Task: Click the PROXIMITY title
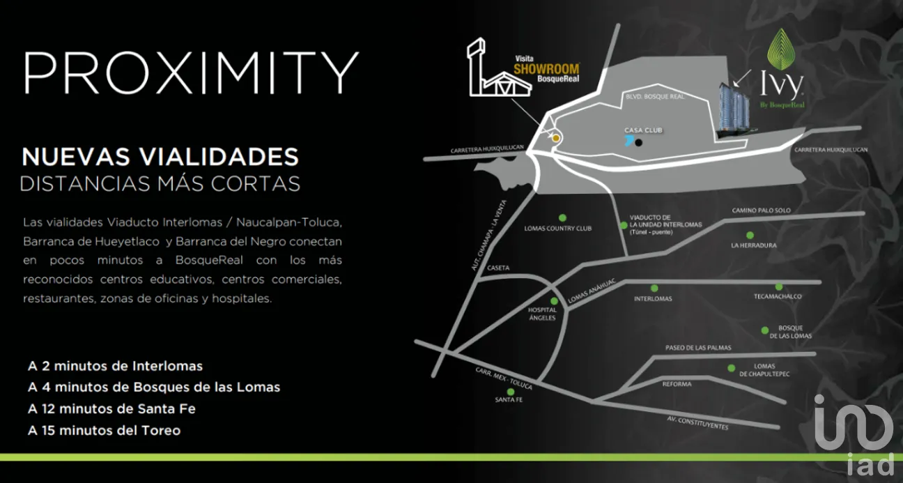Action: [x=191, y=72]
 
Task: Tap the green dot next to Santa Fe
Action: [x=510, y=392]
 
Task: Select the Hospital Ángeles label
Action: [x=542, y=314]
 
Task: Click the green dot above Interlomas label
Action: [x=654, y=289]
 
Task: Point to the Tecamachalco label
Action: [x=778, y=296]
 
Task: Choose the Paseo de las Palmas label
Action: [x=698, y=348]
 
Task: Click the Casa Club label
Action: [x=643, y=130]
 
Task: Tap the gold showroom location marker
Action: [x=556, y=138]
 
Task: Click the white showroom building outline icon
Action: [x=499, y=68]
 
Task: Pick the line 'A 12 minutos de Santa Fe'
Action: [x=111, y=409]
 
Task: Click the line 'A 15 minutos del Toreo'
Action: [x=104, y=431]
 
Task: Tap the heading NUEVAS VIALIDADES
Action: [x=160, y=156]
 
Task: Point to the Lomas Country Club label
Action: [x=558, y=229]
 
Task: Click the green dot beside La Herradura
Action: [x=750, y=235]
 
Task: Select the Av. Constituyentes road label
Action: [x=697, y=423]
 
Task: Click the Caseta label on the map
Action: [x=498, y=268]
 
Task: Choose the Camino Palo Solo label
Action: [x=762, y=210]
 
